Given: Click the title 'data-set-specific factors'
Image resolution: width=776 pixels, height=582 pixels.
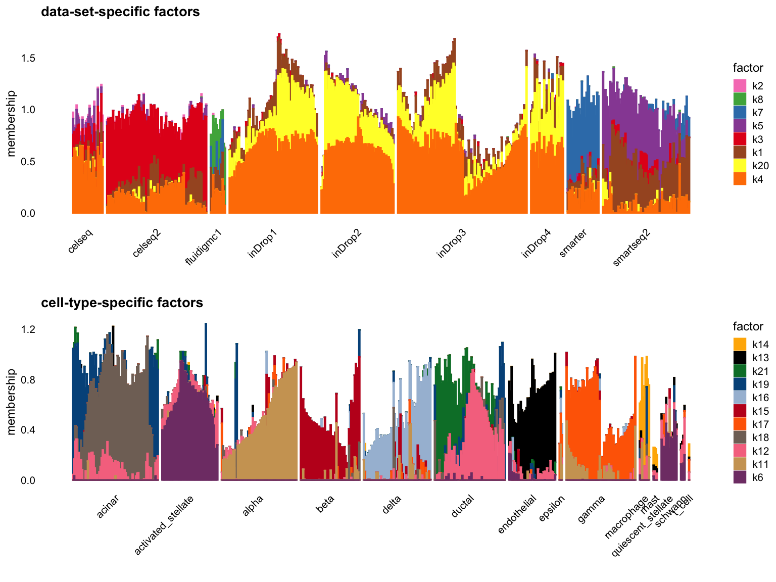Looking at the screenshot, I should [x=120, y=12].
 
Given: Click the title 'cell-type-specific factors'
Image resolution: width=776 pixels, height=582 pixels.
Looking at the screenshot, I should [x=122, y=303].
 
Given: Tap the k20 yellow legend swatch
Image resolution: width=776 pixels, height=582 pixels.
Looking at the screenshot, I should [x=740, y=166].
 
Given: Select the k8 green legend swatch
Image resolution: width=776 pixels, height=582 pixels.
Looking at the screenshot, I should [x=740, y=100].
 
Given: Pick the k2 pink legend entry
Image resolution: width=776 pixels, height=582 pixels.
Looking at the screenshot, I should [x=740, y=86].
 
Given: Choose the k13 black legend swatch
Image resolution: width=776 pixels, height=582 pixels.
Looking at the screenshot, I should [x=740, y=358].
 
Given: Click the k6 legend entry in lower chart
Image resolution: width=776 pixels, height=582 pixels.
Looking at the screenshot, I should [x=740, y=477].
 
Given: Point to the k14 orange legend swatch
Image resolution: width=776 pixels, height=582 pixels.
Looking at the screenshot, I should [x=740, y=345].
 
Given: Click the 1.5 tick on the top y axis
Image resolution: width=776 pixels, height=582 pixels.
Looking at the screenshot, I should [x=28, y=59].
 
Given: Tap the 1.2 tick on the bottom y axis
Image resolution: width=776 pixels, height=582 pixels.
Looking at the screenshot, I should [x=28, y=329].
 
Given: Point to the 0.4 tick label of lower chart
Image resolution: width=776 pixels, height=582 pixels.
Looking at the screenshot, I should [x=28, y=430].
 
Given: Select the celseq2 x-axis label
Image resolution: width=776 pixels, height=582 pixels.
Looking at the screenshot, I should [x=147, y=243].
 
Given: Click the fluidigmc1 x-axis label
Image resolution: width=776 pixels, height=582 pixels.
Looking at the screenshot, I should [x=204, y=247].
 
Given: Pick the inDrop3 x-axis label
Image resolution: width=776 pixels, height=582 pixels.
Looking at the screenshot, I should [x=451, y=244].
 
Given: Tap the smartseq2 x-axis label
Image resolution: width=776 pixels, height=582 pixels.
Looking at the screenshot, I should [x=632, y=247].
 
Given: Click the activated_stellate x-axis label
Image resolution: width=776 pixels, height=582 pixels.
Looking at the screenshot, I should [x=164, y=525].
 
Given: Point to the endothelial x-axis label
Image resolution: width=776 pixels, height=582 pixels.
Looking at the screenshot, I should [x=517, y=514].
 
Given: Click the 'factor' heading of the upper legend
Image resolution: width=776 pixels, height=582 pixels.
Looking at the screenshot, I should [x=748, y=68].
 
